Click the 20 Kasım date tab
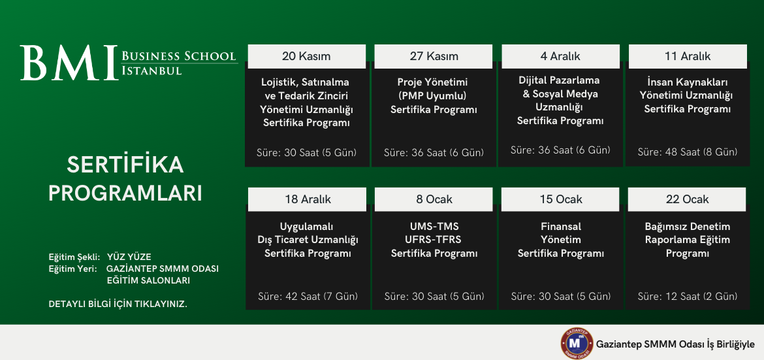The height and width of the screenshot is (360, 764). click(306, 56)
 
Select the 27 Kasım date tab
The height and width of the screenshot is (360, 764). click(434, 56)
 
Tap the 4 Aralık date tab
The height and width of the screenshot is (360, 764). click(560, 56)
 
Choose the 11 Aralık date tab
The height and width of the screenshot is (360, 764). click(688, 56)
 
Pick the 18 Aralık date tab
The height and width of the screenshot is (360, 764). click(308, 199)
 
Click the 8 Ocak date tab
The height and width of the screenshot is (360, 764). click(433, 199)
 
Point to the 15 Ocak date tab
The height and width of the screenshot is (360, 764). click(560, 199)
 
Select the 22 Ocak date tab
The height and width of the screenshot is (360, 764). click(687, 199)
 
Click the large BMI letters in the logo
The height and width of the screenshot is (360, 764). click(69, 63)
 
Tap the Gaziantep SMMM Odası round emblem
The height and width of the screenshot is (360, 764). click(577, 344)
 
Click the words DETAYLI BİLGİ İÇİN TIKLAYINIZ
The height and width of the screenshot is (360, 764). click(118, 304)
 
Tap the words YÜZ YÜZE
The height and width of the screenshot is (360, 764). click(129, 257)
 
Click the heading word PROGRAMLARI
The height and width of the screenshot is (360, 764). click(125, 193)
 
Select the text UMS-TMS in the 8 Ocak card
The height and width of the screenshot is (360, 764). click(434, 227)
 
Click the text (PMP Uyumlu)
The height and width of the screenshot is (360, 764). click(434, 95)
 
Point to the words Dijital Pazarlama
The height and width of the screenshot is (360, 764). click(559, 80)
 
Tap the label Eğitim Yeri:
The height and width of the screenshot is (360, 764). click(72, 269)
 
